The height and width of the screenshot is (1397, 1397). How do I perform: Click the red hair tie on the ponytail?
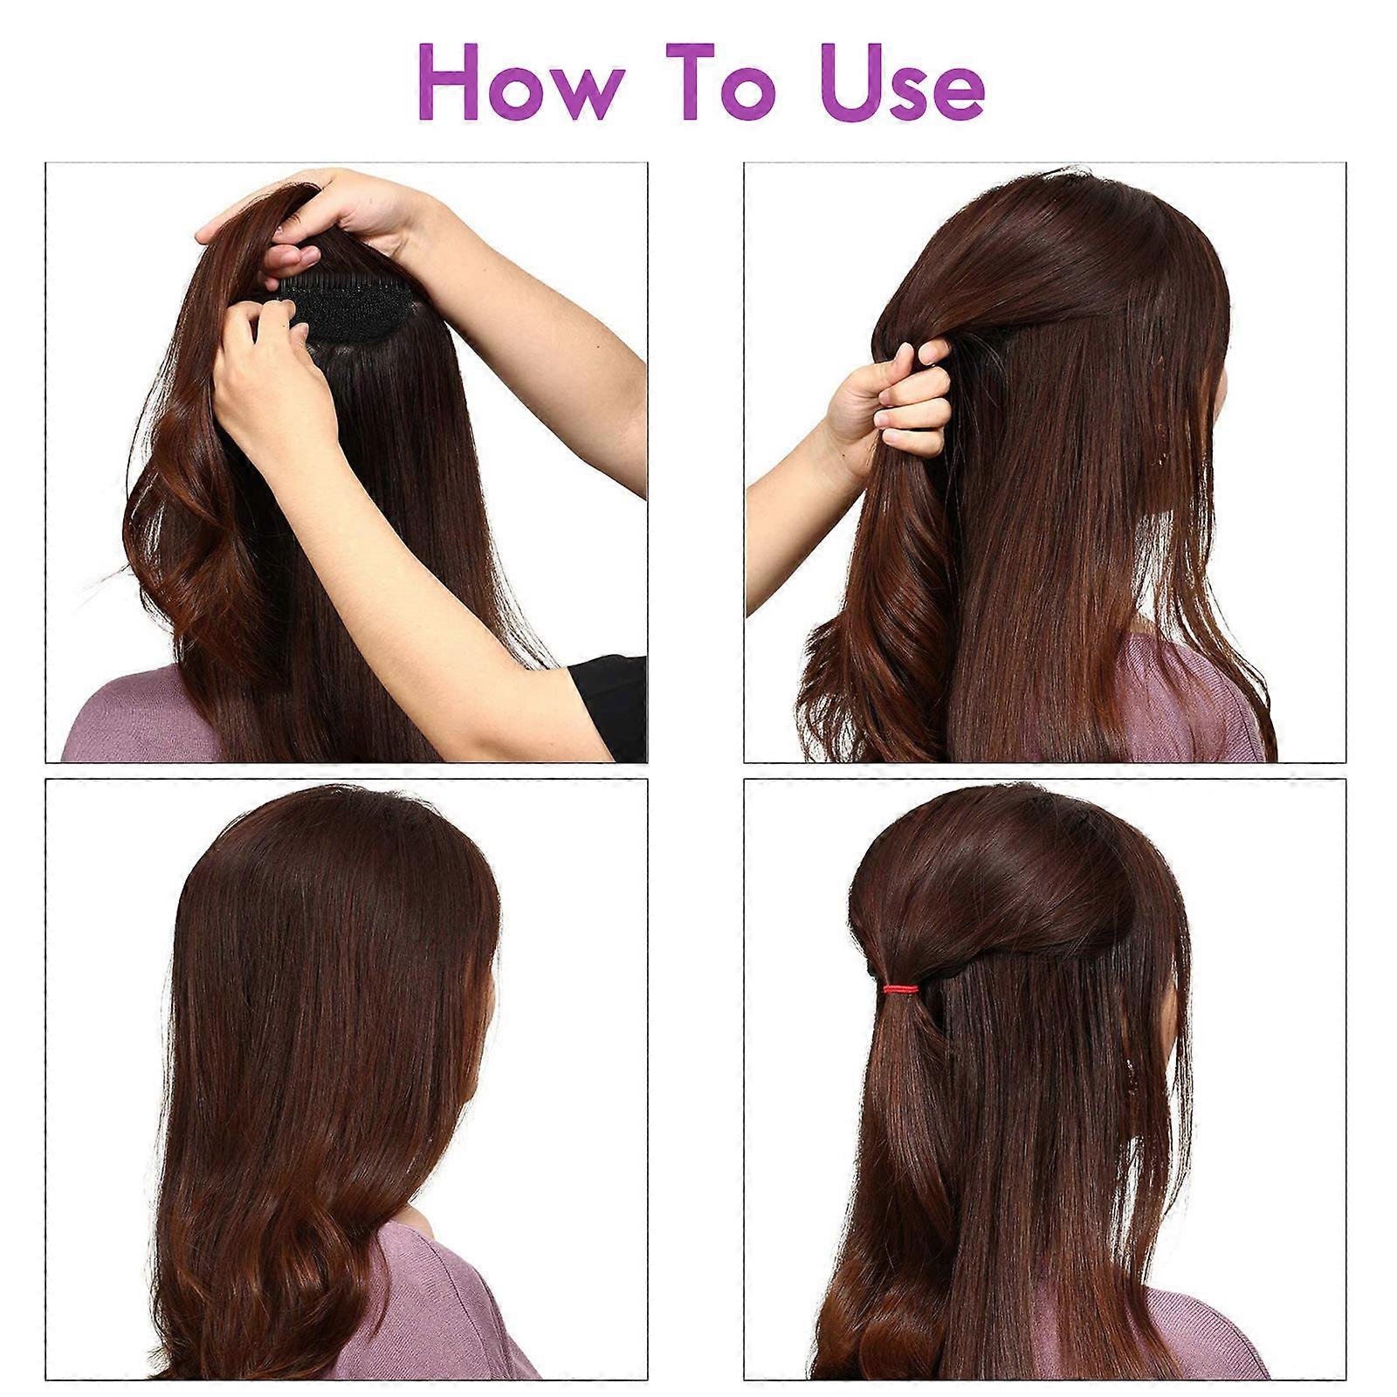point(900,989)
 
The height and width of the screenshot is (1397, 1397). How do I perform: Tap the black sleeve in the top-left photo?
point(609,703)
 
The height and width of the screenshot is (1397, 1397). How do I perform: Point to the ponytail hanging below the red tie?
point(899,1179)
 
